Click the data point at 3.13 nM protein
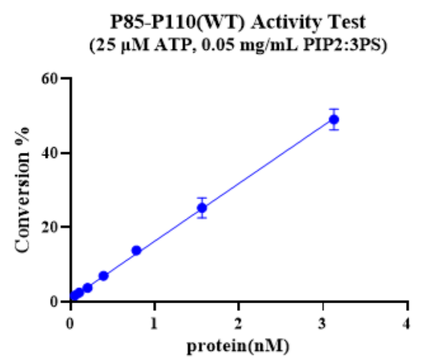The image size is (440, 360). (334, 119)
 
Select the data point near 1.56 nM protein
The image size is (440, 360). (202, 208)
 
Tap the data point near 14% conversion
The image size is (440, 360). (136, 250)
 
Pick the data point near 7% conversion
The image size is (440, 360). (104, 276)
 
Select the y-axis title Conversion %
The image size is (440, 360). (23, 190)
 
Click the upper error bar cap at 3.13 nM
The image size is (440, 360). (334, 109)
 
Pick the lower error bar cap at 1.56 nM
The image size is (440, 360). (202, 218)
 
